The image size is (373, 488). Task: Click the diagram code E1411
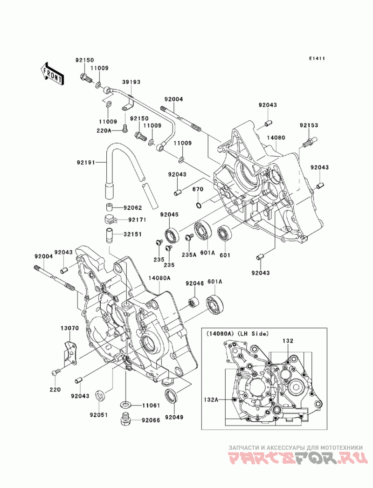click(x=317, y=58)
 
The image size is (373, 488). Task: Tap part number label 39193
click(x=131, y=82)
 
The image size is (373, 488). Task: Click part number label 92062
click(x=132, y=207)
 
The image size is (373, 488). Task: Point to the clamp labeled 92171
click(x=110, y=219)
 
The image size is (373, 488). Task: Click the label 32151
click(x=132, y=234)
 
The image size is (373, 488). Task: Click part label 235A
click(x=189, y=254)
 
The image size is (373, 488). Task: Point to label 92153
click(x=309, y=125)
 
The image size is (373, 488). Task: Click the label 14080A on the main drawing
click(x=159, y=278)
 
